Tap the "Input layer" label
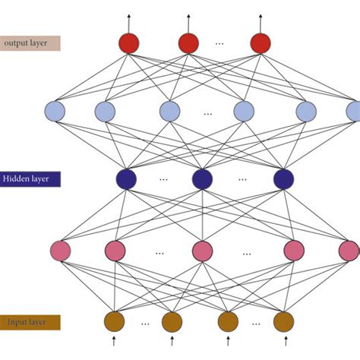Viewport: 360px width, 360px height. pos(27,322)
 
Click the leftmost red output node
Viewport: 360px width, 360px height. pos(129,43)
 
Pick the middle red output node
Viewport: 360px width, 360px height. pos(188,43)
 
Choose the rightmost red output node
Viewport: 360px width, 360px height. pos(261,43)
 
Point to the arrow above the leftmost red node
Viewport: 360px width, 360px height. pos(129,21)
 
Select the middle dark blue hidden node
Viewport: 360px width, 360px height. pos(202,179)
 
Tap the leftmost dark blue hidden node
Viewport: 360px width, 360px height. pos(126,179)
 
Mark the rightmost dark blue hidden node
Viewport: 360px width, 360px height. pos(283,179)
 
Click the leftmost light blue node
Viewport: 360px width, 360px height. pos(55,112)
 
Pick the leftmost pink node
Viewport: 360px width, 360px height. pos(60,250)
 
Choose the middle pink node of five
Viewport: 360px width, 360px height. pos(202,250)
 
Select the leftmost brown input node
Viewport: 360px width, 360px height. pos(115,321)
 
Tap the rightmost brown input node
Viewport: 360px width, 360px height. pos(283,321)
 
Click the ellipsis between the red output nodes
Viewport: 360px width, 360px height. pos(219,44)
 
